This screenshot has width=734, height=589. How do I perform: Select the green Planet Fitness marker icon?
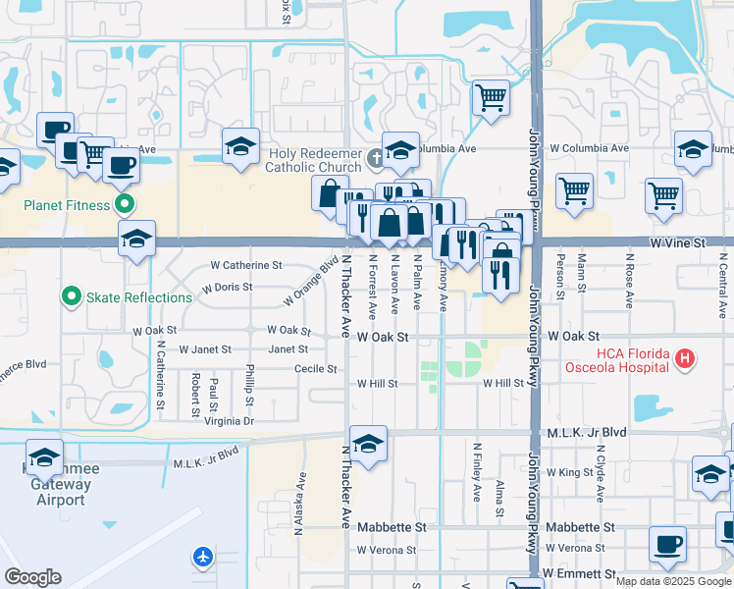(124, 206)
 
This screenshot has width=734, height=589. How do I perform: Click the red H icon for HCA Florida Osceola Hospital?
(686, 360)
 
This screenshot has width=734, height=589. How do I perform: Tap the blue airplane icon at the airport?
(203, 557)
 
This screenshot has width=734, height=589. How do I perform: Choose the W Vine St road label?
(677, 241)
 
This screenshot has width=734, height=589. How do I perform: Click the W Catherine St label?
(246, 265)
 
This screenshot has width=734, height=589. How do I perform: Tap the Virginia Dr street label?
(229, 420)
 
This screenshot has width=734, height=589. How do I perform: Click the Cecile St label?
(316, 369)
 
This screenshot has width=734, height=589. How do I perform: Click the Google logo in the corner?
(33, 577)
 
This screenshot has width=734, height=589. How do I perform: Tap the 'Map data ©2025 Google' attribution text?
(673, 581)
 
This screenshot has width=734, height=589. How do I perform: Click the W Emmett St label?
(578, 572)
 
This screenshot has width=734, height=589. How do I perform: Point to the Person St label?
(560, 276)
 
